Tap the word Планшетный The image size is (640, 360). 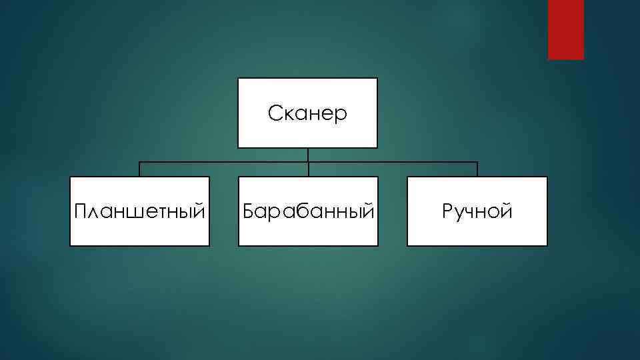tap(139, 212)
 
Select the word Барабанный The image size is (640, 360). tap(308, 212)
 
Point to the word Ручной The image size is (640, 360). tap(477, 212)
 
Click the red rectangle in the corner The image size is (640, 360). tap(565, 29)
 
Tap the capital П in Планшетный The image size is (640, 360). tap(81, 212)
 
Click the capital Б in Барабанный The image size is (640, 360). tap(249, 212)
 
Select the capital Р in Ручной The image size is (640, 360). tap(447, 212)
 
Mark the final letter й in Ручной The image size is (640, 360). tap(507, 212)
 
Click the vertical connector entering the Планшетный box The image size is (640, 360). tap(139, 169)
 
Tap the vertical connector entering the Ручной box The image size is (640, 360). tap(477, 169)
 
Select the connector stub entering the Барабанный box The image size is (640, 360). tap(308, 169)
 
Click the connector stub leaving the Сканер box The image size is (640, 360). tap(308, 155)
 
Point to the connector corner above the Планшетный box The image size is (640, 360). tap(139, 162)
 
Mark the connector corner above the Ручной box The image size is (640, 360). tap(477, 162)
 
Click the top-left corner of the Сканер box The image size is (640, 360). tap(239, 79)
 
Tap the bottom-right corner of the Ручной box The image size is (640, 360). tap(547, 245)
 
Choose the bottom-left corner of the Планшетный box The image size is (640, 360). tap(71, 245)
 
